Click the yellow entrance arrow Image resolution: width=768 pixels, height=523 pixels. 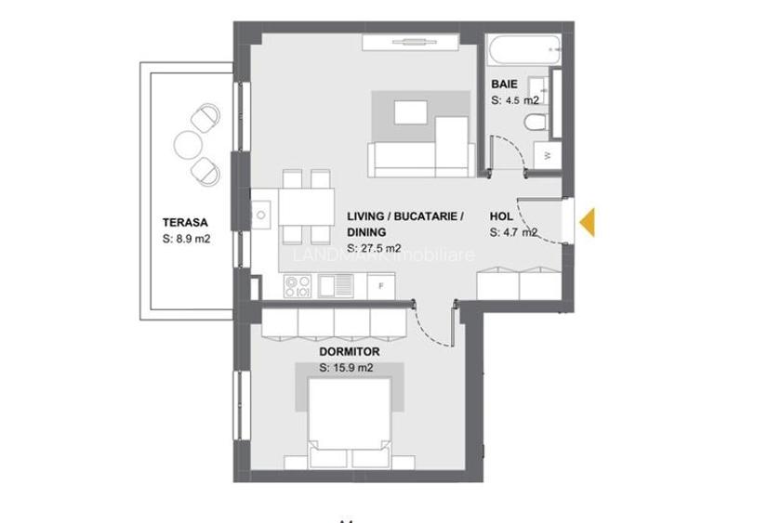click(x=589, y=222)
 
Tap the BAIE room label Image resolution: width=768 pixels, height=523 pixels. click(x=504, y=85)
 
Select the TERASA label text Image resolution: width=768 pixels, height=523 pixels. click(x=184, y=223)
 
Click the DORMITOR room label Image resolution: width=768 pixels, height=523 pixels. click(x=349, y=352)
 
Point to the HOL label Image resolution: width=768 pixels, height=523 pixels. click(x=501, y=216)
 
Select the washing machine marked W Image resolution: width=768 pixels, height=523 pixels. click(x=548, y=155)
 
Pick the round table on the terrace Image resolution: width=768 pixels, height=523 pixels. click(x=187, y=144)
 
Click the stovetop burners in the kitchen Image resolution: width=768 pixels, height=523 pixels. click(x=297, y=286)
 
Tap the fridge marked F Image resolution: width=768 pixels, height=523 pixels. click(x=381, y=286)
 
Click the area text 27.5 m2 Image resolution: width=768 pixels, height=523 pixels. click(x=374, y=248)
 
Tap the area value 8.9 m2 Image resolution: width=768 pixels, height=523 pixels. click(x=185, y=239)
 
